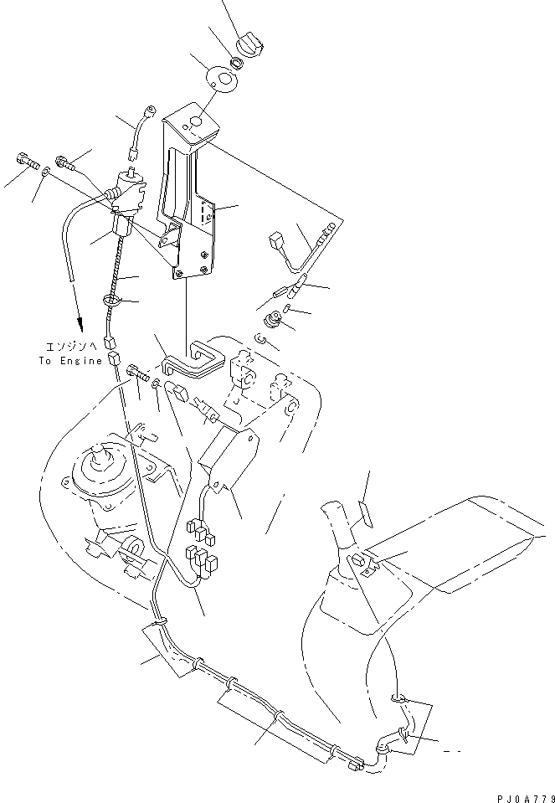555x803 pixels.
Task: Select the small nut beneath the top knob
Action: [x=238, y=60]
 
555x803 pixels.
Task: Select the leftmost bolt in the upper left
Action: [x=25, y=160]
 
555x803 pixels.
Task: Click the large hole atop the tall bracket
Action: [x=194, y=121]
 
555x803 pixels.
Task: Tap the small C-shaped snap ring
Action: [x=262, y=338]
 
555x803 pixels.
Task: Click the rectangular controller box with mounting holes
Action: [x=226, y=456]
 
